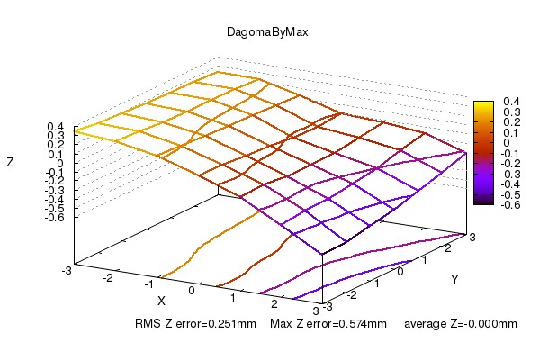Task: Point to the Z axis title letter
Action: click(x=10, y=163)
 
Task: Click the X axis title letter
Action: click(x=162, y=300)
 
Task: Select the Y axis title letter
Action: click(x=454, y=280)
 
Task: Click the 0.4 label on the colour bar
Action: click(x=508, y=102)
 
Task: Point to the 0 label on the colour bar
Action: click(x=505, y=143)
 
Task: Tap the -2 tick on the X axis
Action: click(x=110, y=279)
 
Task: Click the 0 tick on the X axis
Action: click(x=191, y=292)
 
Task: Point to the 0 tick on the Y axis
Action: click(x=402, y=270)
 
